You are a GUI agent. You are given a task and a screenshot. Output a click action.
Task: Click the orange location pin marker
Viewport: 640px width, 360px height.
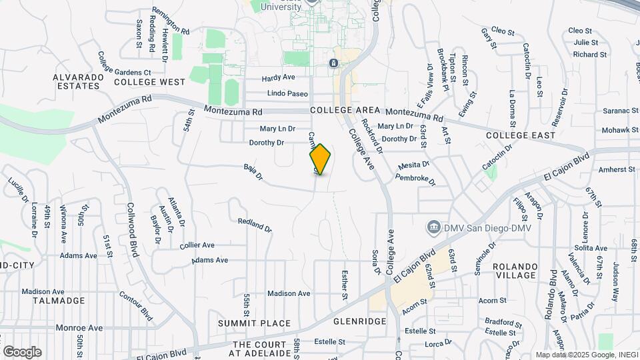click(x=320, y=159)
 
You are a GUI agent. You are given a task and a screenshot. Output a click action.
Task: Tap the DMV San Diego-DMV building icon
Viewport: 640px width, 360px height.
click(x=434, y=228)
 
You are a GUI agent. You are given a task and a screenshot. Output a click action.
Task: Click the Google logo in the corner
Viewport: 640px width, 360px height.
click(x=22, y=351)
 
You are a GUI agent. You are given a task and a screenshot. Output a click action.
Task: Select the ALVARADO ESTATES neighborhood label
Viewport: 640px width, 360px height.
click(x=79, y=81)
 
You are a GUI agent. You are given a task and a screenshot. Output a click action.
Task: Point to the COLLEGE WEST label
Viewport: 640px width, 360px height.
click(x=149, y=82)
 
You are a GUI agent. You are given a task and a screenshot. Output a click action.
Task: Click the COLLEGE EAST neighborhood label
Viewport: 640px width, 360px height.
click(x=521, y=135)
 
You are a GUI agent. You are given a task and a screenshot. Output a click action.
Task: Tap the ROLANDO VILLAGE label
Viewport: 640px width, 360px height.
click(x=524, y=271)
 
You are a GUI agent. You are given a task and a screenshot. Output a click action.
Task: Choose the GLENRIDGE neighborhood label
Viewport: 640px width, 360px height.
click(x=359, y=321)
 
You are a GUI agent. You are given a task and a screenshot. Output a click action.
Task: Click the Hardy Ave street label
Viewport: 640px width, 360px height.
click(x=278, y=77)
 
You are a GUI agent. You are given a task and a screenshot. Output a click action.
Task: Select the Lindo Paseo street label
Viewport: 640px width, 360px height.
click(x=287, y=93)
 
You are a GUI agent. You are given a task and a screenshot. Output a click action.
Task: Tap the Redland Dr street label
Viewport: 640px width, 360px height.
click(x=255, y=225)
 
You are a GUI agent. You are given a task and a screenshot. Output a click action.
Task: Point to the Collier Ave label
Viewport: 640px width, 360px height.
click(x=197, y=245)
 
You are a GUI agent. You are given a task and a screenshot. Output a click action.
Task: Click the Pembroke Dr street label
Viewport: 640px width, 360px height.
click(x=415, y=179)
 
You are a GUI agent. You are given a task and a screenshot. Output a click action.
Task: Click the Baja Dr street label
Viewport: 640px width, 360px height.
click(x=253, y=173)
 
